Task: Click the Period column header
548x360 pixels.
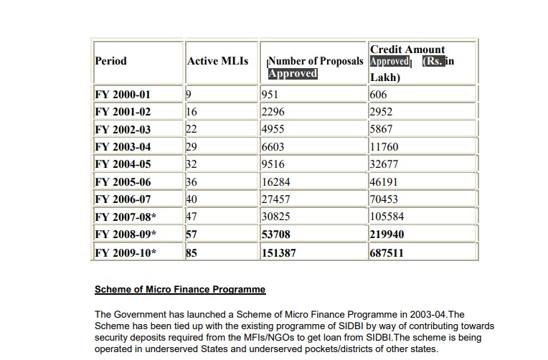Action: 110,61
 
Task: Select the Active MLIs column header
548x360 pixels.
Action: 217,61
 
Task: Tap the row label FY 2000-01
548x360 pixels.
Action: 123,95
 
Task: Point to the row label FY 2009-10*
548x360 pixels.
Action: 126,253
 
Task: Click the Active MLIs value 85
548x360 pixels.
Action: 192,253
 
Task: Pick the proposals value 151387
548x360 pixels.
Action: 278,253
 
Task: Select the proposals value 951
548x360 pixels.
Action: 270,95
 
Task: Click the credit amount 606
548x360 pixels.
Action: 379,95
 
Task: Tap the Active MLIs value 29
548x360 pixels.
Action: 192,147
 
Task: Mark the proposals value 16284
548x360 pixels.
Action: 276,182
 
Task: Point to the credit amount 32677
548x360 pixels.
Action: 384,164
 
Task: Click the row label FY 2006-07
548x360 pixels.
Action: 123,199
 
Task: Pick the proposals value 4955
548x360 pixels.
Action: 273,130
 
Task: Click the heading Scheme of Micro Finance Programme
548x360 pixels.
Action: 180,290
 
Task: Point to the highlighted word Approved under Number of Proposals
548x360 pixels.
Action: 293,73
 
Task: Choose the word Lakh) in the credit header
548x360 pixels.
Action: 385,77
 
